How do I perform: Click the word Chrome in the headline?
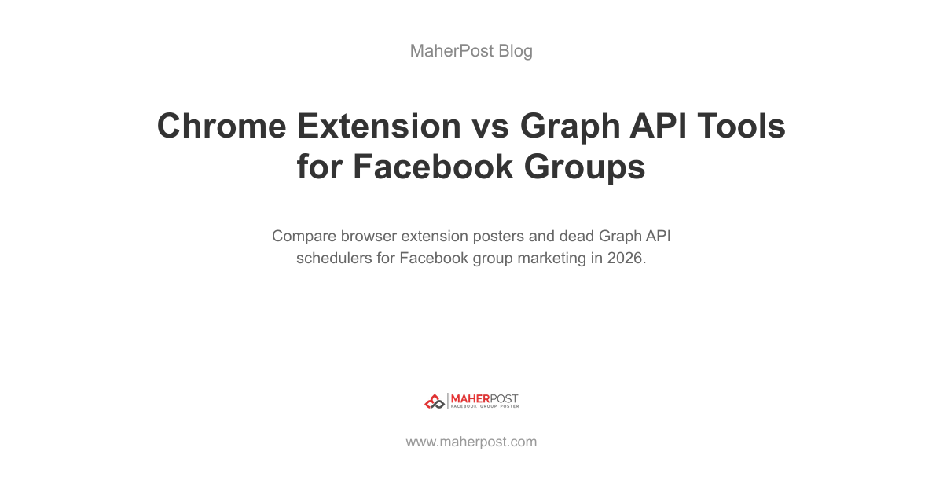(222, 126)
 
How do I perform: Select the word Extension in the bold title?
(379, 126)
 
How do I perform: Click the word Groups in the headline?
(585, 167)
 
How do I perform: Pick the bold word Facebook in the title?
(433, 167)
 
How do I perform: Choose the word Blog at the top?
(516, 51)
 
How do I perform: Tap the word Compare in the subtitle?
(304, 236)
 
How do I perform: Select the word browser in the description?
(369, 236)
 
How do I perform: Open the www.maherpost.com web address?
(472, 442)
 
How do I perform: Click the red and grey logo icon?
(435, 401)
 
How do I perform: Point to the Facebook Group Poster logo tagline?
(485, 407)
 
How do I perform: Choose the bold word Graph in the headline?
(570, 127)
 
